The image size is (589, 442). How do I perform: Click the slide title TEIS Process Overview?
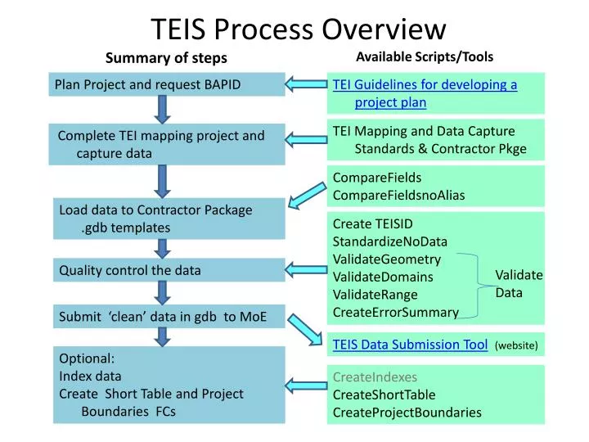pos(299,29)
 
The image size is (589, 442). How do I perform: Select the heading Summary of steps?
pos(166,57)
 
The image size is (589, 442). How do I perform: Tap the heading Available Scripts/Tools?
pos(425,56)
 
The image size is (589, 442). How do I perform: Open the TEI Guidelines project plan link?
pos(425,93)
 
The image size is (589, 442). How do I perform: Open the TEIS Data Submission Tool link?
pos(410,345)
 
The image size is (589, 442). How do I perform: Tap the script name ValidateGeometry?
pos(387,259)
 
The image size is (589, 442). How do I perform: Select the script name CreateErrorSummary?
pos(395,312)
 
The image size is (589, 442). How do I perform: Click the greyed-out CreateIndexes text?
pos(375,377)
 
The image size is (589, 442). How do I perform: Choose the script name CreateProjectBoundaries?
pos(407,412)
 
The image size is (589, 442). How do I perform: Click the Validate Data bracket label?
pos(519,283)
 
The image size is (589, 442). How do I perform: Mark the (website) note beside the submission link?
pos(516,346)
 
